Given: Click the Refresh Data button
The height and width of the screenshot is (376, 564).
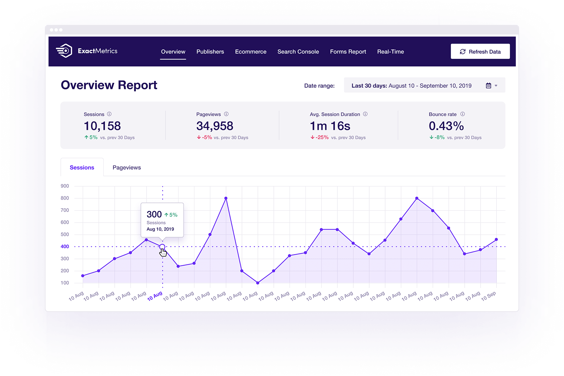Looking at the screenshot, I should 480,51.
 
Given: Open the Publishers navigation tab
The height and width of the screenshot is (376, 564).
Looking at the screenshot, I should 210,52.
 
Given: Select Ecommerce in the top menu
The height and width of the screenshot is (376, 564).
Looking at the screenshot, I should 251,52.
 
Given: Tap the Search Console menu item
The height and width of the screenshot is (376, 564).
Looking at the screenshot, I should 298,52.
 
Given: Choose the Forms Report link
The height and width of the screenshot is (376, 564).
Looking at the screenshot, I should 348,52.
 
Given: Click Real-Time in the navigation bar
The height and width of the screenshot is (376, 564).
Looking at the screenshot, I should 391,52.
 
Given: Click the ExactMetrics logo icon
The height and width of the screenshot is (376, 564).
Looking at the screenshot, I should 64,51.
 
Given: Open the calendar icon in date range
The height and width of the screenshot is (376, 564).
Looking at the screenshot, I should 488,86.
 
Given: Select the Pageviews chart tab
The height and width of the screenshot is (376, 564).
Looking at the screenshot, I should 127,167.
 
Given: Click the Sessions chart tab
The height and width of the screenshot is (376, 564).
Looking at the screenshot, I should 82,167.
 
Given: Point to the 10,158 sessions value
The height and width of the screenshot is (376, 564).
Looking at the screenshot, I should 102,126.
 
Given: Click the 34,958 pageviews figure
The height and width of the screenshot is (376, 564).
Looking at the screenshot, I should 215,126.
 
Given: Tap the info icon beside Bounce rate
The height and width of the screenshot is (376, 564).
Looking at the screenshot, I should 462,114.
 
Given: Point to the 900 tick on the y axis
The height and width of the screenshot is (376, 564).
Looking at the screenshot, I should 65,186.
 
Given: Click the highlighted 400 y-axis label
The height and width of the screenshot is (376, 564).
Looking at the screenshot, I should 65,246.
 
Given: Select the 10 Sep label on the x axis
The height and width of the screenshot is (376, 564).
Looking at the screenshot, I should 488,296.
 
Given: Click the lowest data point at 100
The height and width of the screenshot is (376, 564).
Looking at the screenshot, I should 258,283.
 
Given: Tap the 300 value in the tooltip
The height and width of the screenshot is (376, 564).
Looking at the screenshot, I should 154,215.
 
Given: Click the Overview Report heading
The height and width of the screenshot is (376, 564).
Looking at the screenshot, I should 109,85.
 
